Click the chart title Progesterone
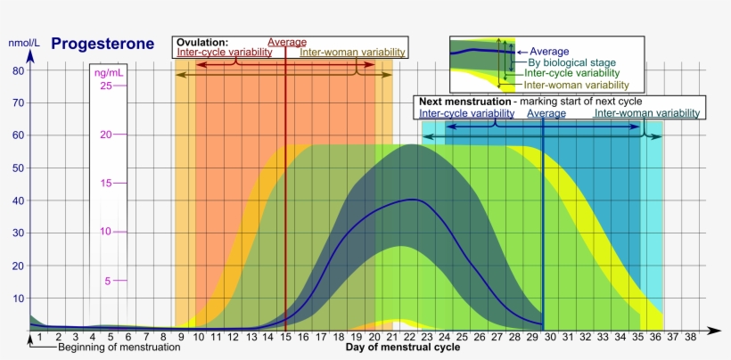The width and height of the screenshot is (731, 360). point(103,44)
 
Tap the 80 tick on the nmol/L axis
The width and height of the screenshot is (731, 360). point(18,70)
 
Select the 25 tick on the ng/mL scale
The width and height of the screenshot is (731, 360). point(105,86)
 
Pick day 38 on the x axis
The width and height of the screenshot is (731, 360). point(690,337)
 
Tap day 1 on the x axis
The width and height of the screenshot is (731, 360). point(39,337)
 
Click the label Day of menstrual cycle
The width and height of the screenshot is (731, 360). point(403,348)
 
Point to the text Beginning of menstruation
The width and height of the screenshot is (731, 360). point(119,348)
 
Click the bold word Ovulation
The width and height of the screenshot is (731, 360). point(202,42)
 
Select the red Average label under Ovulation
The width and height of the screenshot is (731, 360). point(287,42)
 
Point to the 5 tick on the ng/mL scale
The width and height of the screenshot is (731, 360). point(107,281)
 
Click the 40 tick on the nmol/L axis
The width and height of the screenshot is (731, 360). point(18,200)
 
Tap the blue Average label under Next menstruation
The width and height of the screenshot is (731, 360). point(546,113)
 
